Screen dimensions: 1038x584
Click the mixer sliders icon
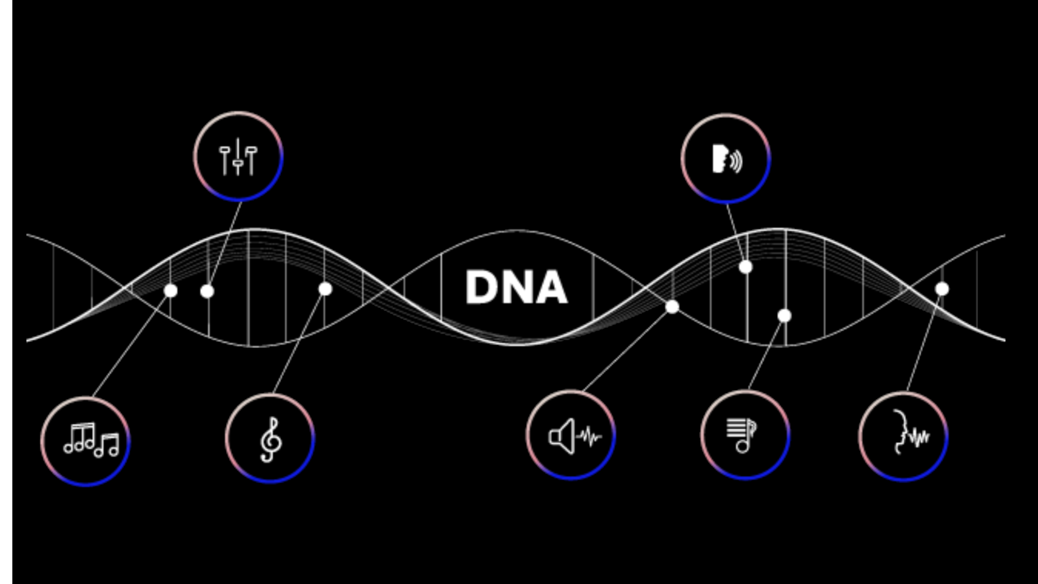point(238,156)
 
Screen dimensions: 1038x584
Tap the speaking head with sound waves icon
point(727,159)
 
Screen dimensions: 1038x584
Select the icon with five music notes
point(91,441)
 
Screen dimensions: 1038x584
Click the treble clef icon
point(271,439)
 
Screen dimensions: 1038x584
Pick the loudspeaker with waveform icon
point(575,435)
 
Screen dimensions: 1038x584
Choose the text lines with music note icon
point(741,435)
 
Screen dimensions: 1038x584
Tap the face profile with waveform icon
point(911,433)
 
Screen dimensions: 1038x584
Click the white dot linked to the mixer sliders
point(207,291)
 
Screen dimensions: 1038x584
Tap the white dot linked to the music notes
point(171,290)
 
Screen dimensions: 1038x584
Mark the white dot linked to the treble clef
point(325,289)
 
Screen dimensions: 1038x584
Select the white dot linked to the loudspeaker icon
point(672,307)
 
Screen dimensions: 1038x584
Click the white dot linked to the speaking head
point(746,267)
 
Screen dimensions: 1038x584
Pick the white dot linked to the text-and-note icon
point(784,316)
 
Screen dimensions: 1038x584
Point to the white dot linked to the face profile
point(942,289)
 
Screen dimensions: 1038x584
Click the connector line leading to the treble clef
point(299,341)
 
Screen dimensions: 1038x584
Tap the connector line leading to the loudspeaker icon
point(627,349)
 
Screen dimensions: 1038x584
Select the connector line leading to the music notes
point(131,344)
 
